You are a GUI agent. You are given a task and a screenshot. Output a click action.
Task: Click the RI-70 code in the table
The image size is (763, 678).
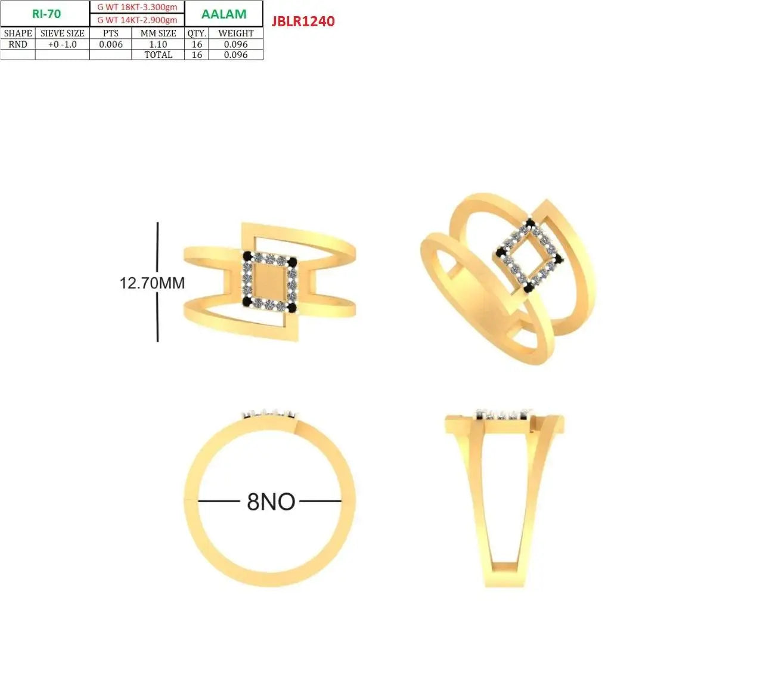tap(46, 14)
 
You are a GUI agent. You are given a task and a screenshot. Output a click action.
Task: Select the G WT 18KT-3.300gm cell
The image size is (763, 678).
tap(137, 7)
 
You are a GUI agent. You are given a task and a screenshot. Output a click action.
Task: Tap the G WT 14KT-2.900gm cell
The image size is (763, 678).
tap(137, 20)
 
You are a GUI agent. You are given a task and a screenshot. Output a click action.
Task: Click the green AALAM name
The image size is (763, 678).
tap(224, 14)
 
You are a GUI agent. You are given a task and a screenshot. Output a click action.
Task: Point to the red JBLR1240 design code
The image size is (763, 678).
tap(303, 21)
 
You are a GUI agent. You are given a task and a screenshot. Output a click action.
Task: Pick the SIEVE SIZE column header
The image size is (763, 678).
tap(63, 33)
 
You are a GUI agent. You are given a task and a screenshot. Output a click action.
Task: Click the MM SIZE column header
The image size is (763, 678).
tap(158, 33)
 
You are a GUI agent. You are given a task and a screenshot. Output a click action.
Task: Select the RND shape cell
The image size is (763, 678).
tap(18, 44)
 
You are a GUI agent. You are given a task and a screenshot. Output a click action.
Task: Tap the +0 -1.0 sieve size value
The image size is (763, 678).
tap(63, 44)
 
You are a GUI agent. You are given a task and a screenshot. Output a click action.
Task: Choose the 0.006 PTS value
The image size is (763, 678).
tap(111, 44)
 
